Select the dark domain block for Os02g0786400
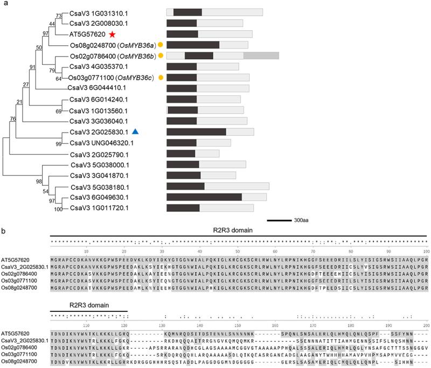(x=199, y=55)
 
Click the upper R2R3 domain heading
(x=240, y=232)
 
